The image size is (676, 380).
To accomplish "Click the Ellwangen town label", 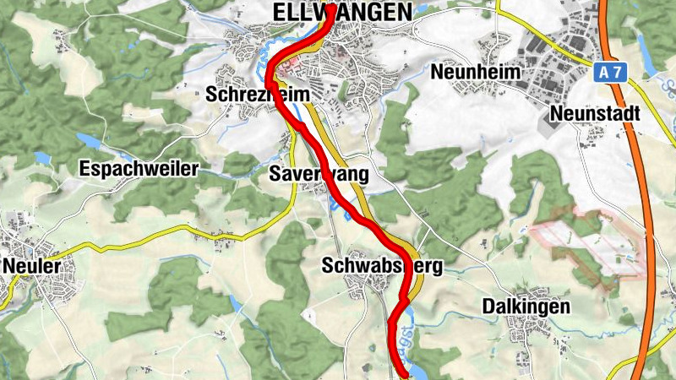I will (x=342, y=12).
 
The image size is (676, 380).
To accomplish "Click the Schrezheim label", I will (x=253, y=95).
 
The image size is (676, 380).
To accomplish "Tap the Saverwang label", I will (x=319, y=175).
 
